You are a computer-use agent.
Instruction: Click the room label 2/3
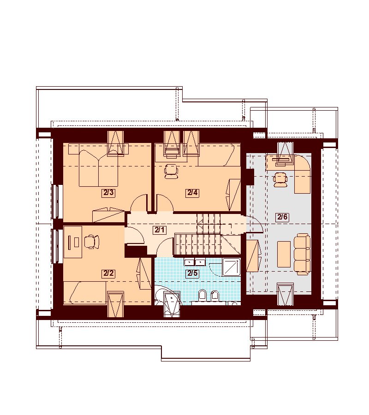click(108, 193)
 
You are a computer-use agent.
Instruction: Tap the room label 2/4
click(192, 193)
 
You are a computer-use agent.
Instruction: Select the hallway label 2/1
click(160, 230)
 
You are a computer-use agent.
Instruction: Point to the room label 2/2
click(108, 273)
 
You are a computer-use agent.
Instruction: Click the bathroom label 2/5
click(193, 273)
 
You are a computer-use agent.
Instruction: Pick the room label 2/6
click(282, 217)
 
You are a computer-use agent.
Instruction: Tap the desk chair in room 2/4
click(171, 171)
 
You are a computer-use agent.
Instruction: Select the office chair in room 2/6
click(280, 179)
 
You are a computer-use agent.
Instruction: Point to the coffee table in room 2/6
click(284, 254)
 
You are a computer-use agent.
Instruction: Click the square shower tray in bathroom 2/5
click(231, 267)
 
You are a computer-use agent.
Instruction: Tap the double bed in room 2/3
click(99, 168)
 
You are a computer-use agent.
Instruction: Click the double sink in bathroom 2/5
click(195, 262)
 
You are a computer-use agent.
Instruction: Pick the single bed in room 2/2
click(85, 293)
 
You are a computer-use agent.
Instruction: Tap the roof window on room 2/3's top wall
click(115, 142)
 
